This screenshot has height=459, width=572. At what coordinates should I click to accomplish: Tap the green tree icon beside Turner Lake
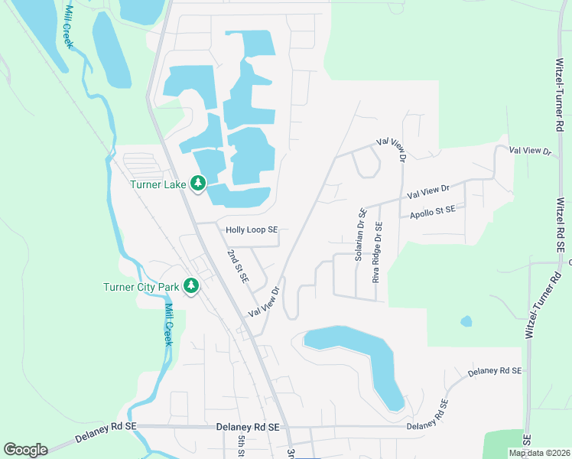coord(198,183)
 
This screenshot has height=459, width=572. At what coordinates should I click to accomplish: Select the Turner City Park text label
coord(141,288)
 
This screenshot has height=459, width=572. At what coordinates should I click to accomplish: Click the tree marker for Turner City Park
coord(190,287)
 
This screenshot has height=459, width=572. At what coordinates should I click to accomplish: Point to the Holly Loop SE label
coord(251,229)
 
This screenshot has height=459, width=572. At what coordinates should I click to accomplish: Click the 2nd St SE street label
coord(238,266)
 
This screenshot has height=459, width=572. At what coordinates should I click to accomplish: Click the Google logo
coord(25,450)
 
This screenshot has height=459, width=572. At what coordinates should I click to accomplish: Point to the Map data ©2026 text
coord(540,453)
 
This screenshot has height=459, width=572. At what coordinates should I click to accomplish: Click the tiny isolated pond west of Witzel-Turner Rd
coord(466,322)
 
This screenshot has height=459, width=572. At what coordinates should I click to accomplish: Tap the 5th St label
coord(241,446)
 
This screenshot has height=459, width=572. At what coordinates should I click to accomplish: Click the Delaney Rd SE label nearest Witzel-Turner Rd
coord(494,371)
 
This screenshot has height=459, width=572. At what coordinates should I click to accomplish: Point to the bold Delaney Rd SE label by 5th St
coord(248,426)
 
